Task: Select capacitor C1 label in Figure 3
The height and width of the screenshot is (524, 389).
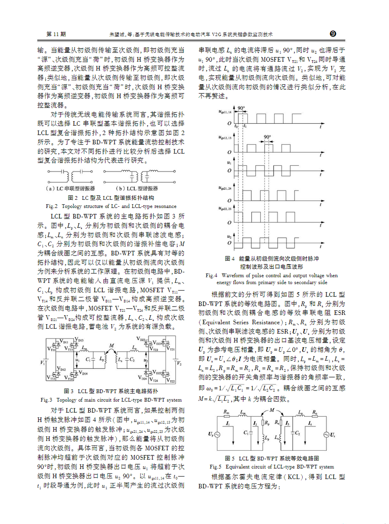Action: [88, 359]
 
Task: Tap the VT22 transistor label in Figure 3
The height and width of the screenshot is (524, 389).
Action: [172, 381]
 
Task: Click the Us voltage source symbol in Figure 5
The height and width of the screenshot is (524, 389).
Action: [327, 435]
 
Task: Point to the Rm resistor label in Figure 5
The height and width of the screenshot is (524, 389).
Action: [226, 412]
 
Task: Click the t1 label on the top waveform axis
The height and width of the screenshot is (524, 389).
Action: [245, 127]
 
